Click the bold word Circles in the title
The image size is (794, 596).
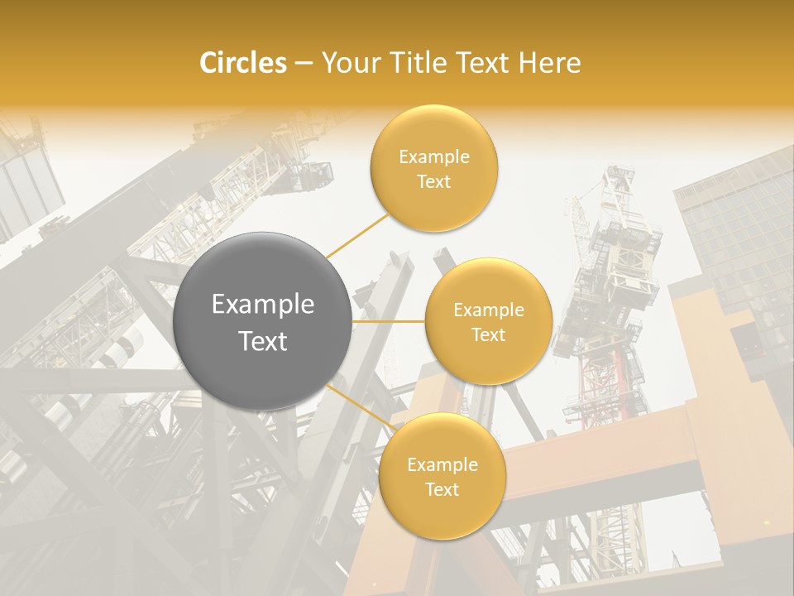(243, 63)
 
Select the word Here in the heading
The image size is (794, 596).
(550, 63)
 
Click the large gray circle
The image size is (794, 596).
(263, 321)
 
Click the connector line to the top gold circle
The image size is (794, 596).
(357, 235)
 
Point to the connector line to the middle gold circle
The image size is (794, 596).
(389, 321)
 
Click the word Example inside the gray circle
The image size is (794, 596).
(263, 305)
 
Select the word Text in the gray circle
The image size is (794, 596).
(263, 341)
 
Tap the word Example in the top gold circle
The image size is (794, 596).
(433, 157)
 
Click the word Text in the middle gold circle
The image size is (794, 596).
(488, 335)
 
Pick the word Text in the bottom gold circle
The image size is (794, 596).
(442, 490)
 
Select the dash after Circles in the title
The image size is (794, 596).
(304, 64)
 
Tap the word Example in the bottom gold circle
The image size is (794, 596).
(442, 465)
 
